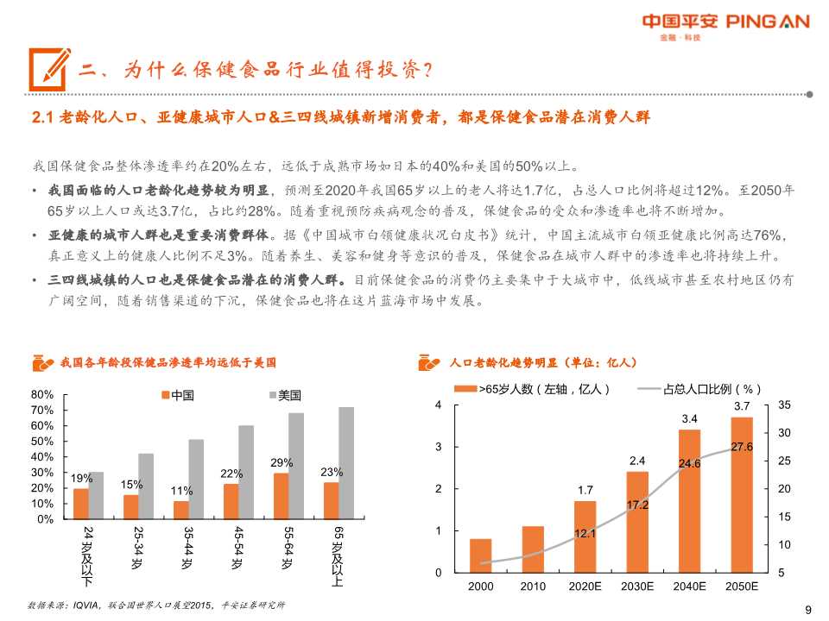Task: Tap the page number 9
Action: click(808, 609)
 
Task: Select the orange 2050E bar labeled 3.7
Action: click(742, 495)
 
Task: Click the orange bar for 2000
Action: click(481, 555)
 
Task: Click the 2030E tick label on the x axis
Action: click(636, 586)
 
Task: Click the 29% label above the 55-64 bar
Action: click(282, 462)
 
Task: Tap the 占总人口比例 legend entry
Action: click(699, 390)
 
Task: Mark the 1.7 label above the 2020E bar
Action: click(585, 490)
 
